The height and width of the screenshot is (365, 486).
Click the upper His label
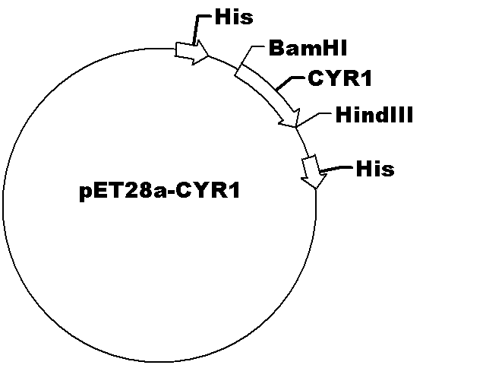[x=234, y=17]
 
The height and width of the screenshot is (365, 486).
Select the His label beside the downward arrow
[x=375, y=169]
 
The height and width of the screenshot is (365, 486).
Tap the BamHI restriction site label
[x=308, y=48]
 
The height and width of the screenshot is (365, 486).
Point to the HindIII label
[x=374, y=115]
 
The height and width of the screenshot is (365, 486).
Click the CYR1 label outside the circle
[x=339, y=78]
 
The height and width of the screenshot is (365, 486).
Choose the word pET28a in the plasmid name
[x=123, y=191]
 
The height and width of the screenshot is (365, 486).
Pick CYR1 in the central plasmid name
[x=207, y=190]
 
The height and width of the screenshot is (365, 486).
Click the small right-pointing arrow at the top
[x=192, y=52]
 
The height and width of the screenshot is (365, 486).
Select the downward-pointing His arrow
[x=314, y=171]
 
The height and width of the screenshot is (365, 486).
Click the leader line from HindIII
[x=313, y=119]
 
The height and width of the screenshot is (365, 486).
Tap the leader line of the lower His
[x=336, y=168]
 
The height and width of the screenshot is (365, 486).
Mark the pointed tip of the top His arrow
[x=210, y=56]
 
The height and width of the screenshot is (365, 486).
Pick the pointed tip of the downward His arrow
[x=316, y=189]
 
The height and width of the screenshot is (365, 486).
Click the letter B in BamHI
[x=275, y=48]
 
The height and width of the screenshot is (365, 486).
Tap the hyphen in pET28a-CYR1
[x=172, y=192]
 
